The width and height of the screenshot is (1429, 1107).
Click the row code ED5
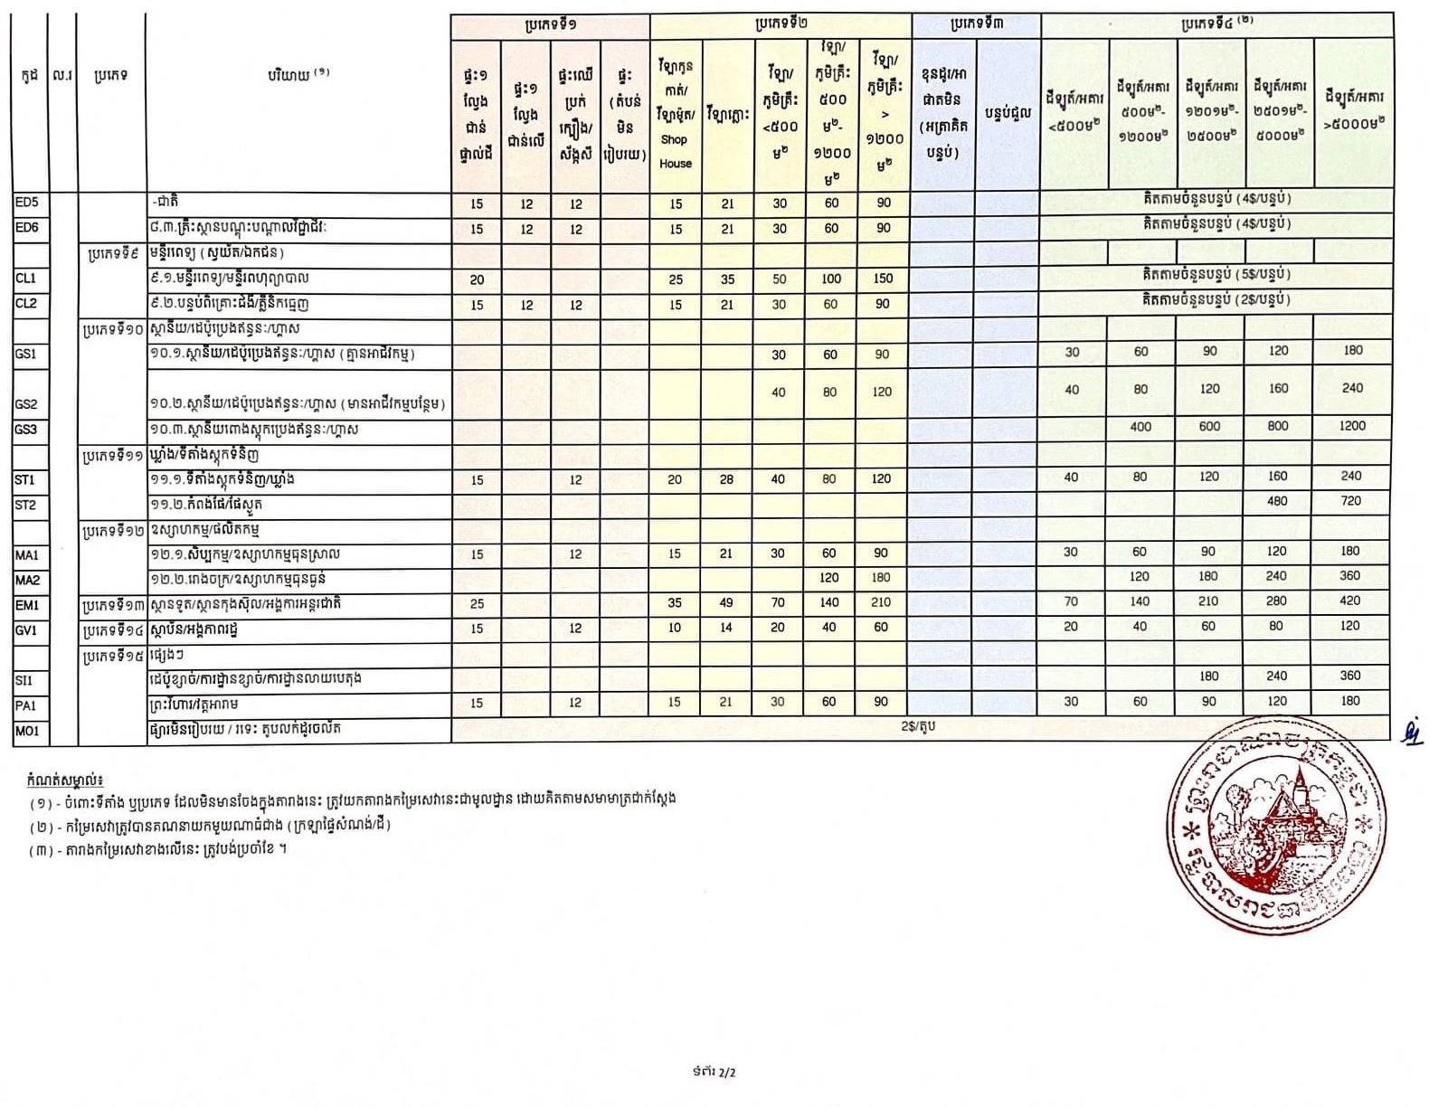tap(26, 203)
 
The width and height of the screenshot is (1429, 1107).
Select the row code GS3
tap(26, 430)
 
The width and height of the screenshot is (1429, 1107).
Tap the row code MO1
tap(27, 731)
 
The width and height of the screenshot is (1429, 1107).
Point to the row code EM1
tap(27, 605)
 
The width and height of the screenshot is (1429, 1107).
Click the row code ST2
tap(25, 505)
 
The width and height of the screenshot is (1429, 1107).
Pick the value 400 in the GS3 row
tap(1140, 426)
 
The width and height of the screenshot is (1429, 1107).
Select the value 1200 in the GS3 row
tap(1352, 425)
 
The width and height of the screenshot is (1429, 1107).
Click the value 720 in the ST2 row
tap(1351, 500)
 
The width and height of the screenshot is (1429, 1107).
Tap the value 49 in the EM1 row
tap(726, 602)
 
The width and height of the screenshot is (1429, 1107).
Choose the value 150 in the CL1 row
tap(883, 279)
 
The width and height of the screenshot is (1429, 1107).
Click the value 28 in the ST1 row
tap(726, 479)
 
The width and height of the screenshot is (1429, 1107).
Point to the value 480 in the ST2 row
tap(1277, 500)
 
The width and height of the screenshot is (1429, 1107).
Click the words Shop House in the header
tap(675, 151)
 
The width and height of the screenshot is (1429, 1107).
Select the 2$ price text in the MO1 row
tap(918, 726)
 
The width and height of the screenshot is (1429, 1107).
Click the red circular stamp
tap(1275, 826)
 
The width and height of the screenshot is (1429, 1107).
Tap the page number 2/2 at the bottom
tap(714, 1073)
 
